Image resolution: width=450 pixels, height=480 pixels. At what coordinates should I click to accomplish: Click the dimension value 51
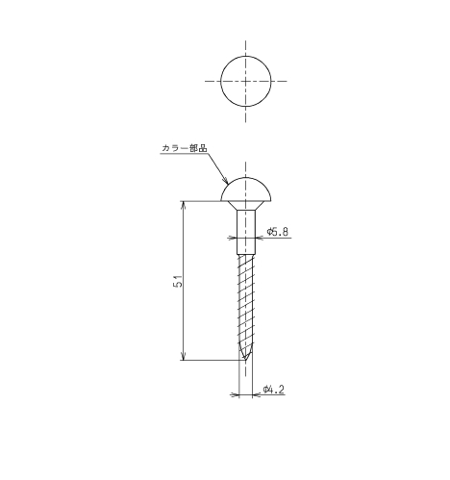(179, 281)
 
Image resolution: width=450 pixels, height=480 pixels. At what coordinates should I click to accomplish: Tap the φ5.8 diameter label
(278, 232)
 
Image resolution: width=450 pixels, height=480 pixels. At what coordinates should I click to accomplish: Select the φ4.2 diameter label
(274, 390)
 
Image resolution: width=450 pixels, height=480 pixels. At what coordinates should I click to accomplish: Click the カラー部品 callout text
(185, 148)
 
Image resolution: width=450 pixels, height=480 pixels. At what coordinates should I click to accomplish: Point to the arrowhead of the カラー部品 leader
(226, 182)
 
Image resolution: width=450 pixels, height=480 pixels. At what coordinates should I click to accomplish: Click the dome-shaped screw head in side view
(246, 190)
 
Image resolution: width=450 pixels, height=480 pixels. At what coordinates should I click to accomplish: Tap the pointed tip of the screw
(245, 360)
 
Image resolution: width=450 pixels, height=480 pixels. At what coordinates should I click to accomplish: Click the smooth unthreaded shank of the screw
(246, 232)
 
